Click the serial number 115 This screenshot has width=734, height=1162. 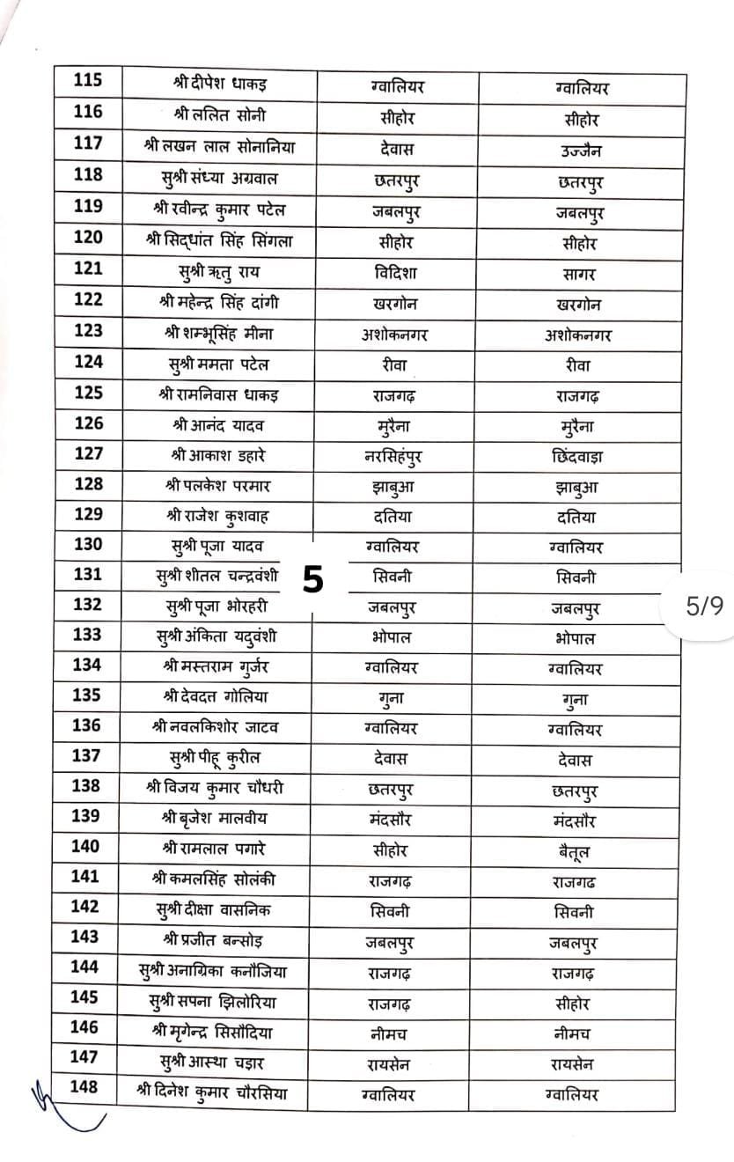tap(87, 80)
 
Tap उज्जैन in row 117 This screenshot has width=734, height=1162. tap(580, 151)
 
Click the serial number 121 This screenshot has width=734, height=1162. tap(87, 268)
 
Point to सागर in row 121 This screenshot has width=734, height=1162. tap(579, 275)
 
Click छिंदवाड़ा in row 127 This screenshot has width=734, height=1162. tap(573, 457)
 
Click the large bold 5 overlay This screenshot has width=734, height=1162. tap(313, 578)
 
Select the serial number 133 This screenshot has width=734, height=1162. tap(87, 634)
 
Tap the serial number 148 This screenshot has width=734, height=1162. tap(84, 1086)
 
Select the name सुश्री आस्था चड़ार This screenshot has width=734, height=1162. tap(219, 1060)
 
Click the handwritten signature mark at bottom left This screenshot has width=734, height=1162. tap(62, 1109)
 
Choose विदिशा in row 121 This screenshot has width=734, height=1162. tap(395, 273)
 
